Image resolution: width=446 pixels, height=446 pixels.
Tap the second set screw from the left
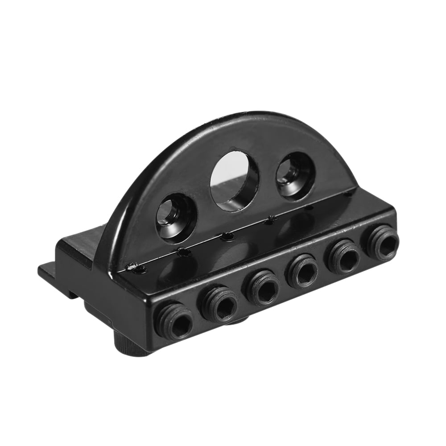coord(219,304)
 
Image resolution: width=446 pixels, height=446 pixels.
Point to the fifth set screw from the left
coord(344,257)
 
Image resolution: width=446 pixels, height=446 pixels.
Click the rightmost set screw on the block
coord(383,243)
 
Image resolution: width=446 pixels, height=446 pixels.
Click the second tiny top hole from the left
coord(183,252)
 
